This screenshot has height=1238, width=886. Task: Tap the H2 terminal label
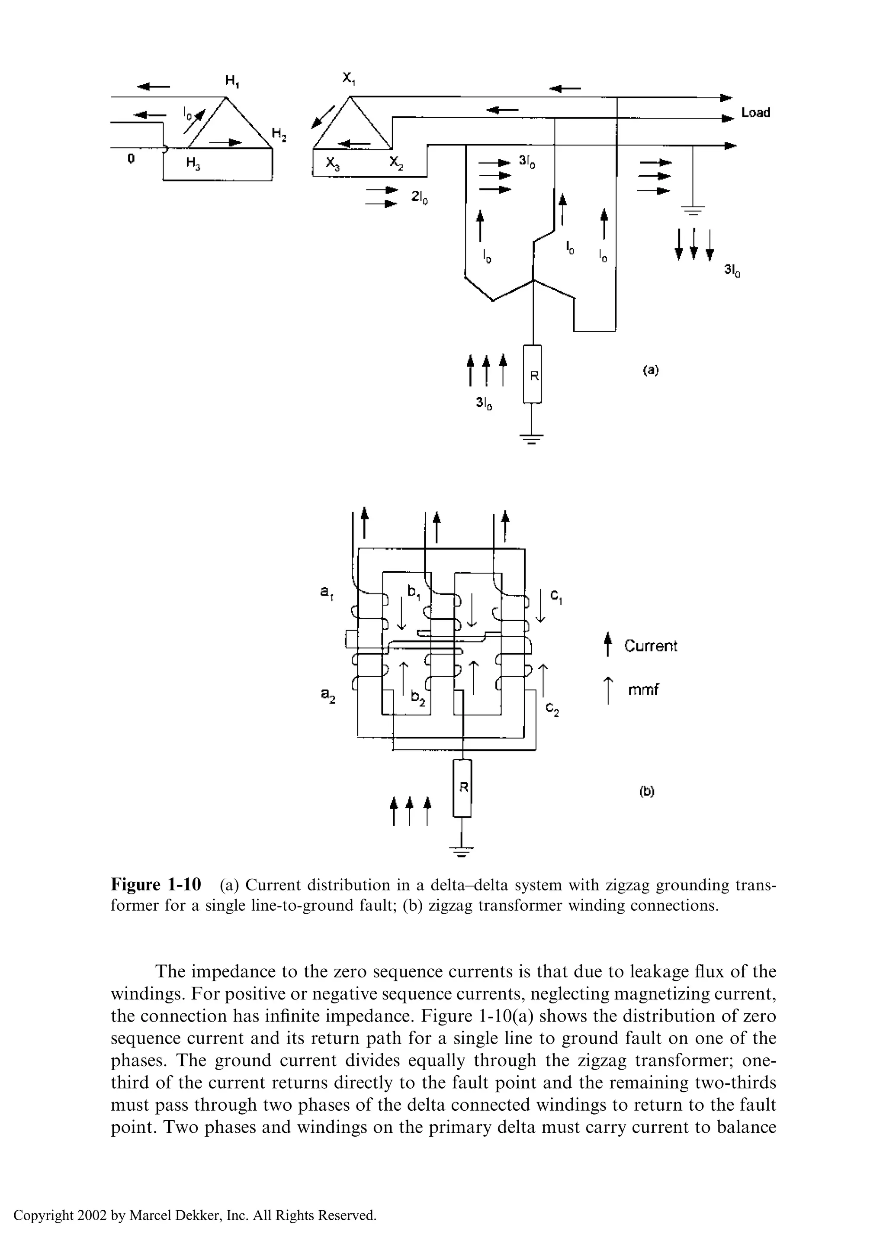click(x=279, y=134)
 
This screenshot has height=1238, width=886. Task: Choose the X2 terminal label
click(x=396, y=163)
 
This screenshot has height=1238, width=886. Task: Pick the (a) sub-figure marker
click(x=650, y=370)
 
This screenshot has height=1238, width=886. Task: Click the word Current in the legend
click(x=650, y=646)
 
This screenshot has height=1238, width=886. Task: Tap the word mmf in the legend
click(x=643, y=690)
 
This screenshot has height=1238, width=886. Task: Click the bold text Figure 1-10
click(x=156, y=885)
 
